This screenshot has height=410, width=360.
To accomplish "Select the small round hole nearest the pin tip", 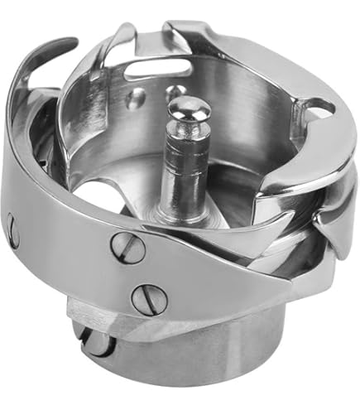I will [x=175, y=90].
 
